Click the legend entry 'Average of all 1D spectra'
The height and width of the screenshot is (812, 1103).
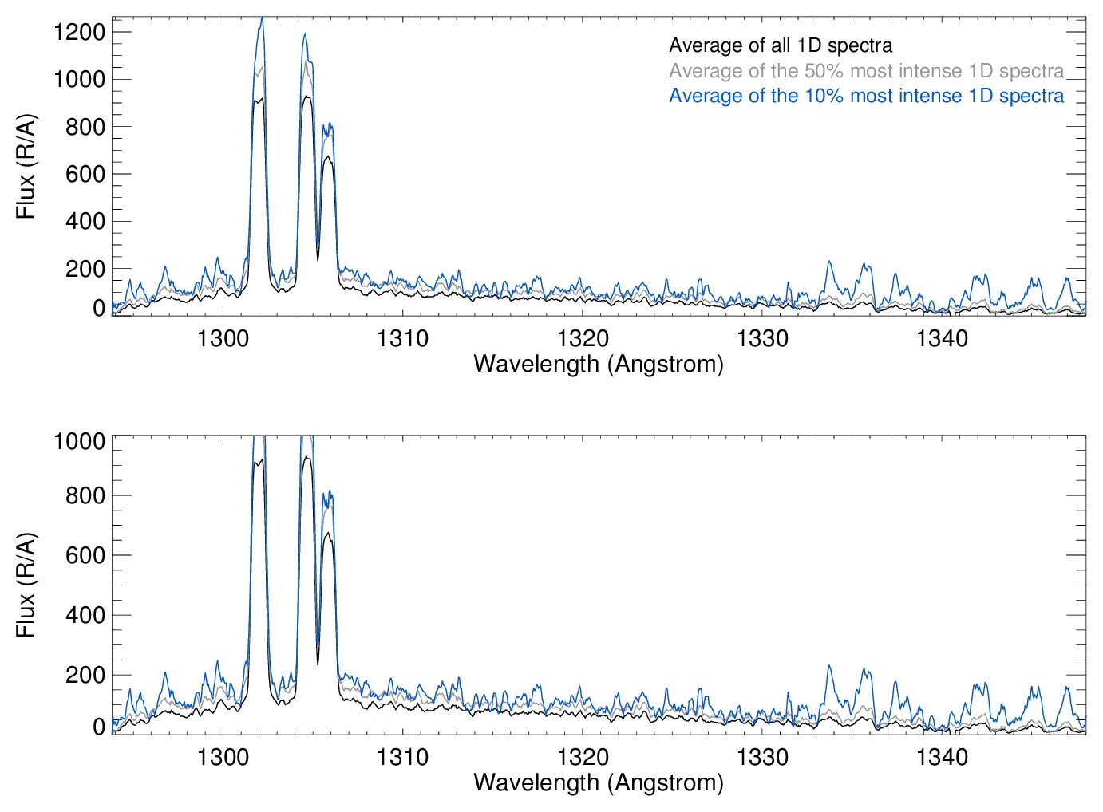coord(780,45)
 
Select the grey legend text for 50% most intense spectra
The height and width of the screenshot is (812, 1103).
coord(866,71)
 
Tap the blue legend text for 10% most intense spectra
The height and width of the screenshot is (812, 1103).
coord(866,96)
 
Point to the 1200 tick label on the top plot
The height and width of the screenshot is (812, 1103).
coord(79,32)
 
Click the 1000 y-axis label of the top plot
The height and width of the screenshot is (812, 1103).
coord(79,79)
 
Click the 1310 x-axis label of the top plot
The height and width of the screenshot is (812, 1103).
coord(402,338)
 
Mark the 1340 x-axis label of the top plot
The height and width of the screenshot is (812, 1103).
coord(942,338)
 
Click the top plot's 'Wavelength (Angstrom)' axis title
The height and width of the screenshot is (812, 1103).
coord(599,364)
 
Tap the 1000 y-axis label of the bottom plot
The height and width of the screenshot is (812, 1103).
coord(79,441)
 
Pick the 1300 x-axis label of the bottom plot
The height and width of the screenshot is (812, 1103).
coord(223,757)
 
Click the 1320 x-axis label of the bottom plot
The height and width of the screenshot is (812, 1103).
coord(583,757)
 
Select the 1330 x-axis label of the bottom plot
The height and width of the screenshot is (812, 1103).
coord(762,757)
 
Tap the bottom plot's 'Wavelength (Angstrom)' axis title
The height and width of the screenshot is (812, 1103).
coord(599,782)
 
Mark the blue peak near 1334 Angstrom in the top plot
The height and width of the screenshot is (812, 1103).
coord(829,262)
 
